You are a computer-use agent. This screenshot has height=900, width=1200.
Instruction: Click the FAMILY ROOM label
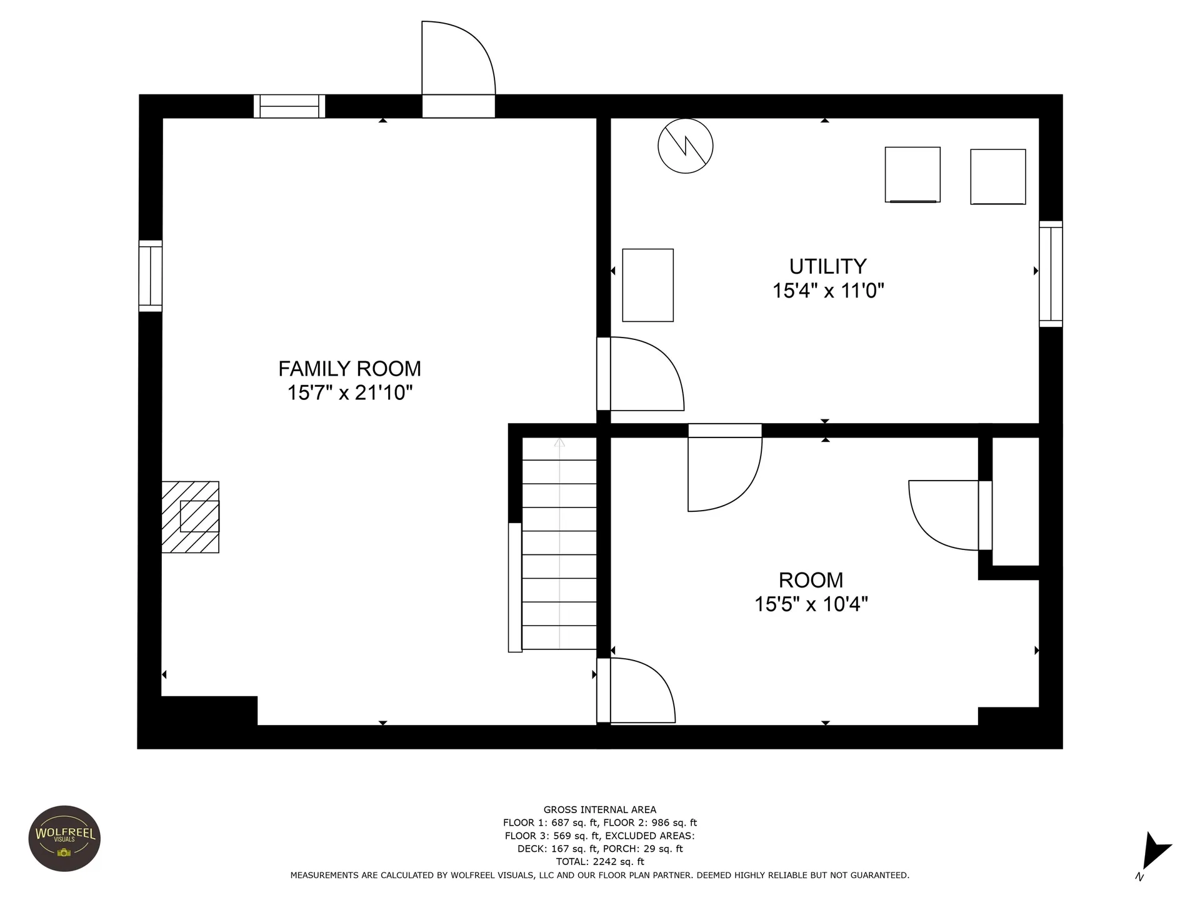(349, 369)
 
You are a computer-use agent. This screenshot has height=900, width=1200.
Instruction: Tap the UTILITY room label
(827, 267)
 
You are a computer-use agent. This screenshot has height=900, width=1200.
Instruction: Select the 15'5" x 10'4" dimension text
(811, 604)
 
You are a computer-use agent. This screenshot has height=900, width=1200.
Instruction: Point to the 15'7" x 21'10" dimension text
(350, 392)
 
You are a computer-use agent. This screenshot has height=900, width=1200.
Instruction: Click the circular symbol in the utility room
(686, 146)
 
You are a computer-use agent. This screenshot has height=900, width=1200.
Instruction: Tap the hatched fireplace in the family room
(190, 517)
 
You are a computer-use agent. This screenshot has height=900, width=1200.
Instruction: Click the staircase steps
(559, 544)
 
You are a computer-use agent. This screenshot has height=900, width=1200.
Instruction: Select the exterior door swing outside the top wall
(458, 69)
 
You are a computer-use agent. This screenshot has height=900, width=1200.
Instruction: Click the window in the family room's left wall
(150, 276)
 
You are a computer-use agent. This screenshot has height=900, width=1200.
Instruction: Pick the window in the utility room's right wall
(1051, 274)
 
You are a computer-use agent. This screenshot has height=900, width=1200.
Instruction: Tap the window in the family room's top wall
(289, 106)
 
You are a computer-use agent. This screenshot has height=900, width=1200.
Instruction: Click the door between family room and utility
(641, 374)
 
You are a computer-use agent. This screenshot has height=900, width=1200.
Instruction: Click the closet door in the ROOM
(950, 515)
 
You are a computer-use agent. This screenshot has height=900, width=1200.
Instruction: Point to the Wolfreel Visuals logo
(65, 838)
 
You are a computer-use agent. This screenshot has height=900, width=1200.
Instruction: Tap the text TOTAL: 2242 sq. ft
(600, 862)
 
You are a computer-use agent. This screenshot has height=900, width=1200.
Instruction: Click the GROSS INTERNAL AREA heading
(600, 809)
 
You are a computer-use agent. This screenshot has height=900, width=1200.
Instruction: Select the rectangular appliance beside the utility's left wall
(648, 285)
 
